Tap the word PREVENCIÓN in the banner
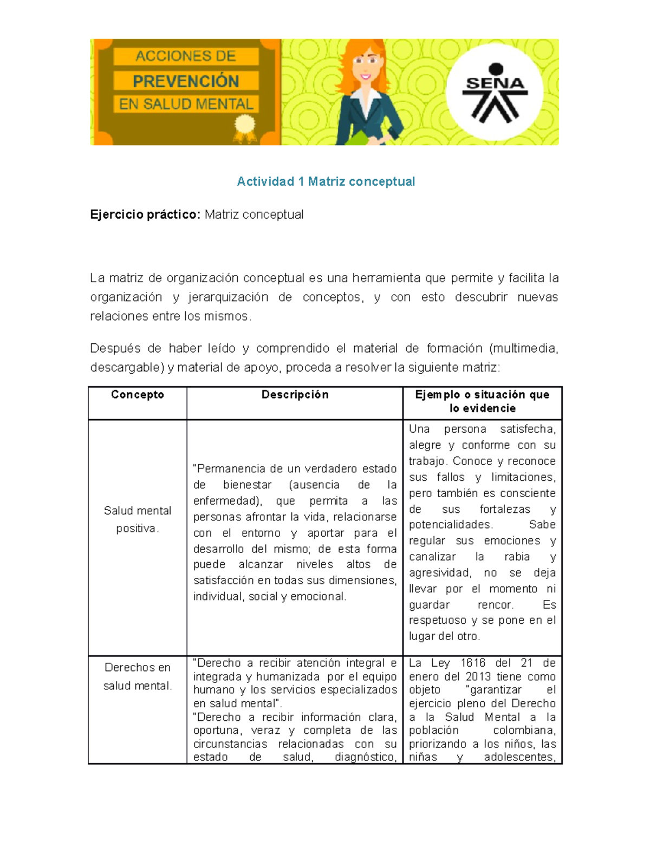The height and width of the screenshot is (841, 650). pyautogui.click(x=186, y=81)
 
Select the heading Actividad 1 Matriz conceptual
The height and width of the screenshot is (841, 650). pyautogui.click(x=326, y=181)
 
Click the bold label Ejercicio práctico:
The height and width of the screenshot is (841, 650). pyautogui.click(x=145, y=214)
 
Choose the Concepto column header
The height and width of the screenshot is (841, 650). pyautogui.click(x=138, y=395)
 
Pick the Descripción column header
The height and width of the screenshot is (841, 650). pyautogui.click(x=295, y=395)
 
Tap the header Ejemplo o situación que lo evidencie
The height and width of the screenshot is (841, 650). pyautogui.click(x=482, y=401)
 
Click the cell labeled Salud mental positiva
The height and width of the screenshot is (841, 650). pyautogui.click(x=138, y=519)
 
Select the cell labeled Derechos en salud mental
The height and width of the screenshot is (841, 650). pyautogui.click(x=138, y=676)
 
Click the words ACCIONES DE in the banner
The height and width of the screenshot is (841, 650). pyautogui.click(x=186, y=56)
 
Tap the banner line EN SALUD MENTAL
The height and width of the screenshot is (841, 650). pyautogui.click(x=186, y=104)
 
